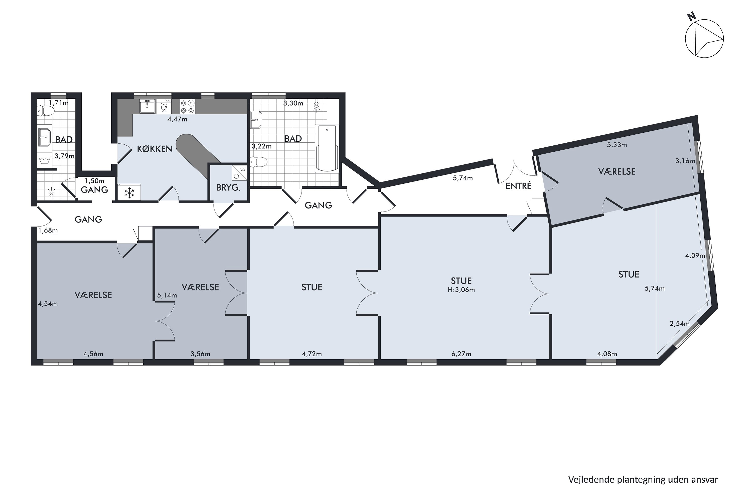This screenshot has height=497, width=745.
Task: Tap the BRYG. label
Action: click(228, 188)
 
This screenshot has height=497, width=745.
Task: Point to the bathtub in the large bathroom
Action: click(327, 148)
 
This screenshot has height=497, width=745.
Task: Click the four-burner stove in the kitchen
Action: click(187, 107)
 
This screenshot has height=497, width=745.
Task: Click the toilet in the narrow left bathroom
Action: click(46, 111)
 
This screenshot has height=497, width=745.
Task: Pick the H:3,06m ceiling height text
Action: click(461, 290)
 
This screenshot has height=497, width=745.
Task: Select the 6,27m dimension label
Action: click(461, 354)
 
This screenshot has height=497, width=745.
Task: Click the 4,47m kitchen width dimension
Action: click(177, 119)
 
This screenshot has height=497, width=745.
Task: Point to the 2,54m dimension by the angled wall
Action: click(679, 324)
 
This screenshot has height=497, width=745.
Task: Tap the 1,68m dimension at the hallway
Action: click(48, 230)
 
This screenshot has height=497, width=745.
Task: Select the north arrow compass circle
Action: click(705, 43)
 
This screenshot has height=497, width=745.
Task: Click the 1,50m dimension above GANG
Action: click(94, 181)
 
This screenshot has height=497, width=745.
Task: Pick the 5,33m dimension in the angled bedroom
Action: click(617, 145)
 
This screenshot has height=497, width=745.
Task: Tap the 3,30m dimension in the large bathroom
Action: click(293, 103)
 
